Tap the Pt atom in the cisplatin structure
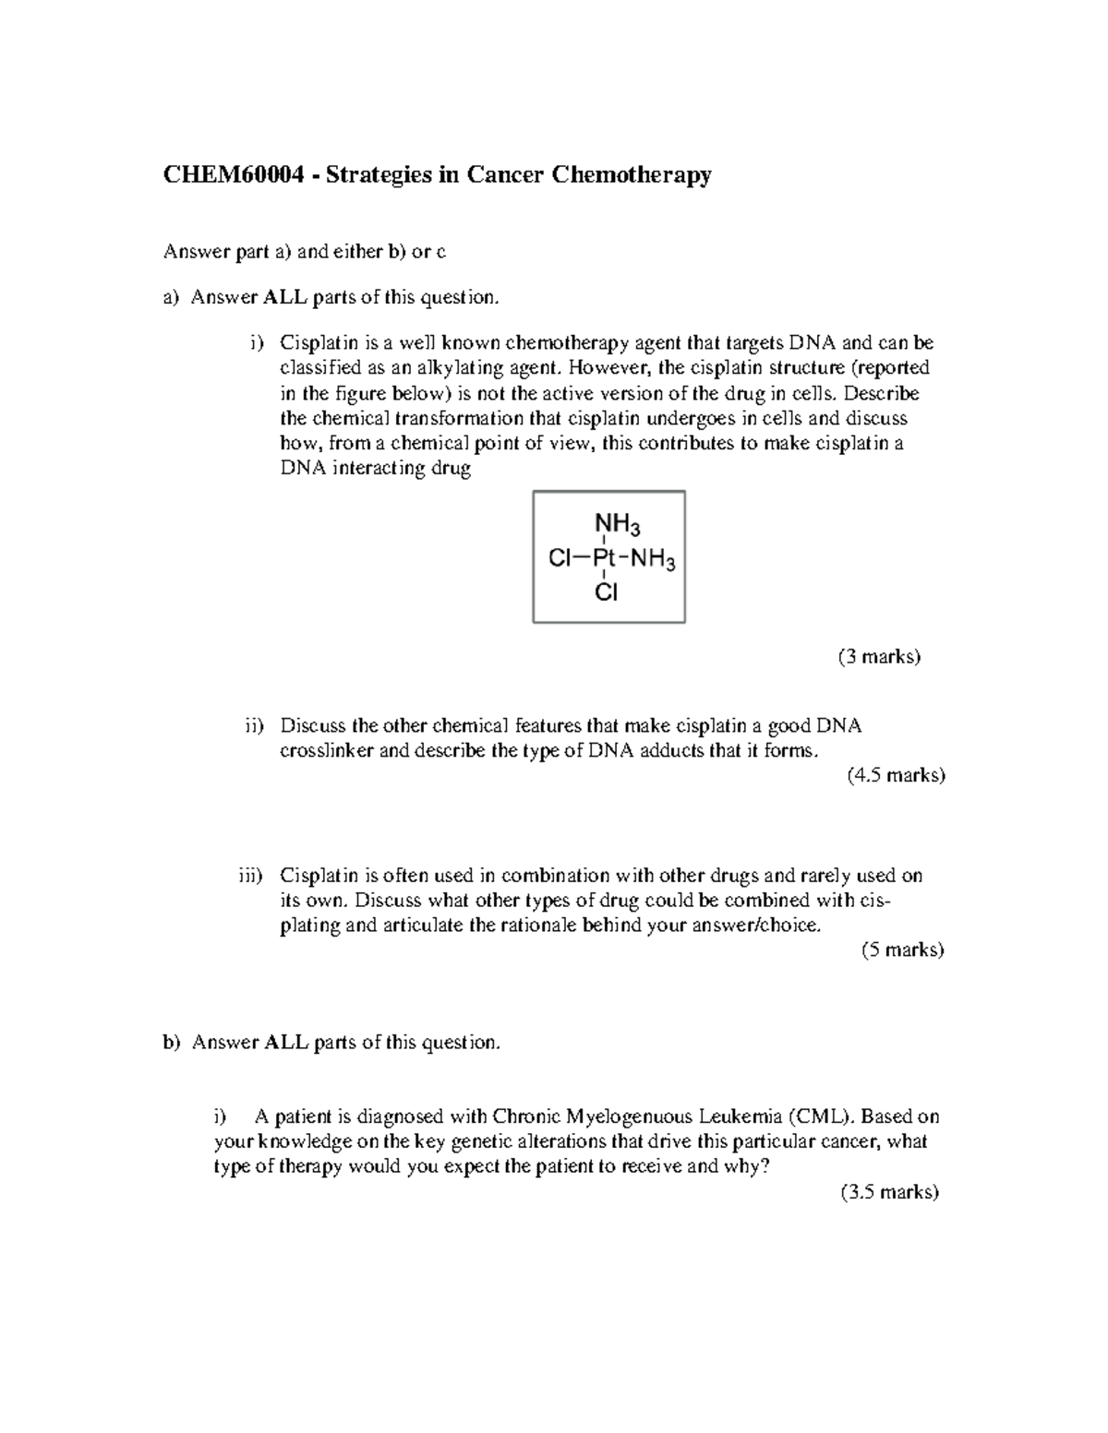[603, 558]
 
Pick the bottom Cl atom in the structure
[606, 592]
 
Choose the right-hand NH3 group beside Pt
[654, 559]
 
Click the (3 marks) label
[879, 657]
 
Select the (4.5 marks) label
[896, 775]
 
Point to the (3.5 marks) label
[890, 1191]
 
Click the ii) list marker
[254, 726]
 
